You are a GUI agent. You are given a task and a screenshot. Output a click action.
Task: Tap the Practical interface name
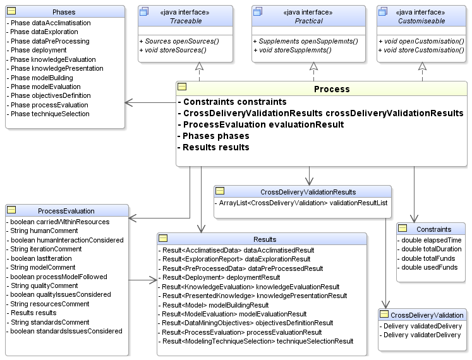tap(308, 21)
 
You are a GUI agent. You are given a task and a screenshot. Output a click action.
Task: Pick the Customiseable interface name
tap(422, 21)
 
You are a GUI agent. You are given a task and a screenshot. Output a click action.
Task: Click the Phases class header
tap(63, 12)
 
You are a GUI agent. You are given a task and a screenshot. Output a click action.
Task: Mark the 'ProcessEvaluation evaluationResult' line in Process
tap(263, 124)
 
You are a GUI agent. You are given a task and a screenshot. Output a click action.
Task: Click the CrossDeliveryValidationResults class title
tap(308, 192)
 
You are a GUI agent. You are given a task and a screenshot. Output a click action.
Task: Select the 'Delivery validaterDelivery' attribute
tap(423, 335)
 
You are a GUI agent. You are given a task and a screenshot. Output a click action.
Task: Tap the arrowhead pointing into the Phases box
tap(128, 102)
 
